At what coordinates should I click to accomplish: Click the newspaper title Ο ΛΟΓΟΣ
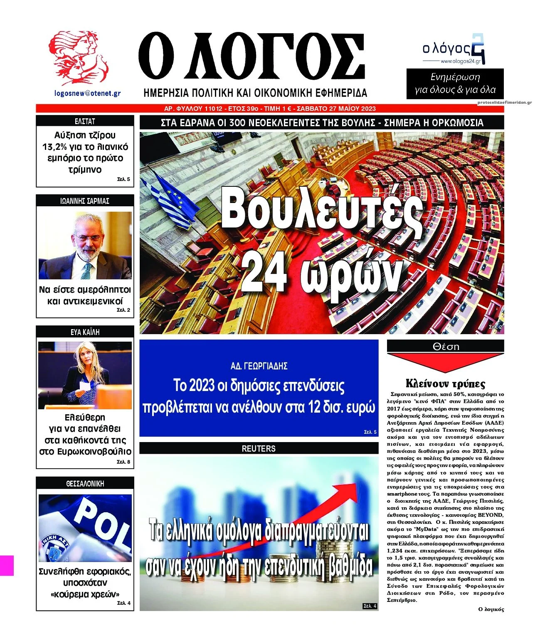coord(252,58)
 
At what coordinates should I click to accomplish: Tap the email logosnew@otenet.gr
coord(87,93)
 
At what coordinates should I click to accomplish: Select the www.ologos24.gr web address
coord(460,61)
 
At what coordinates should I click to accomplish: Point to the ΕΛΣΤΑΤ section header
coord(85,121)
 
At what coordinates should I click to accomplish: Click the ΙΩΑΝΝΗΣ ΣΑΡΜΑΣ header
coord(85,201)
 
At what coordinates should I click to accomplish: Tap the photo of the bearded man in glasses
coord(85,245)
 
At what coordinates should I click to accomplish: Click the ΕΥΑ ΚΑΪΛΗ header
coord(85,332)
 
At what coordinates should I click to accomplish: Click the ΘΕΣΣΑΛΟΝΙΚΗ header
coord(85,484)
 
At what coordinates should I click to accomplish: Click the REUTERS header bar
coord(259,448)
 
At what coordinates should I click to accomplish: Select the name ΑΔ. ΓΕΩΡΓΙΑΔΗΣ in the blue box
coord(259,366)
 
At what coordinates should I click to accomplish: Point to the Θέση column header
coord(445,346)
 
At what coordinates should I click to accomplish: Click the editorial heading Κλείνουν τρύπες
coord(445,383)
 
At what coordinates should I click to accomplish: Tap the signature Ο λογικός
coord(491,609)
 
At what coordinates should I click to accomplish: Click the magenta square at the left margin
coord(7,565)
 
